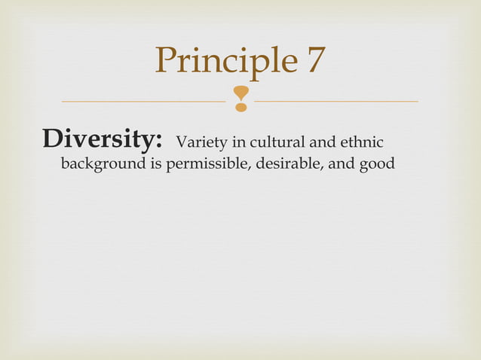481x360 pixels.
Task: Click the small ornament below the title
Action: pos(240,99)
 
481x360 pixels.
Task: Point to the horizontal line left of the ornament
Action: pos(143,100)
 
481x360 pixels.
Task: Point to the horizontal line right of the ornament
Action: pos(336,100)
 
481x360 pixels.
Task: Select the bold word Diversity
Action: pos(103,139)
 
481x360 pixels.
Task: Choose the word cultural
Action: pos(269,142)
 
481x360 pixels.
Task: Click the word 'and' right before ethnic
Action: pos(317,142)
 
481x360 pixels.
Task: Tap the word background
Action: pos(101,163)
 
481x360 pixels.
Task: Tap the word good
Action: pos(376,163)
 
